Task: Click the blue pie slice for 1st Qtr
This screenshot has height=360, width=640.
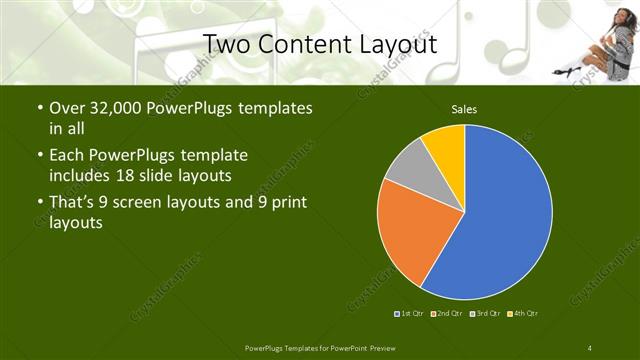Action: [x=500, y=220]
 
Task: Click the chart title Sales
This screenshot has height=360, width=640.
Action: [x=464, y=109]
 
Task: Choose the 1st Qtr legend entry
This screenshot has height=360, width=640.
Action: [x=409, y=314]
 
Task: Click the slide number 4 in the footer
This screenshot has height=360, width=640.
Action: [x=590, y=347]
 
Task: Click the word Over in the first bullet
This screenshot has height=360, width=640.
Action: [x=67, y=108]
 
